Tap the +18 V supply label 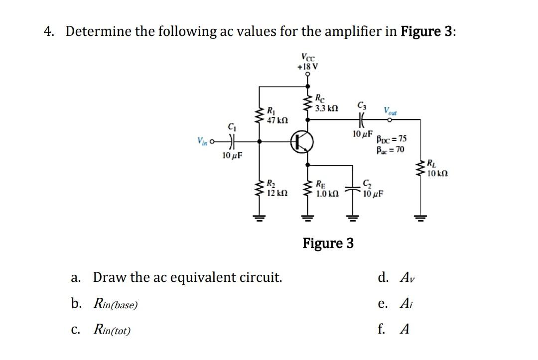[308, 66]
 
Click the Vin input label [203, 141]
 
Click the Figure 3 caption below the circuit [328, 243]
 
